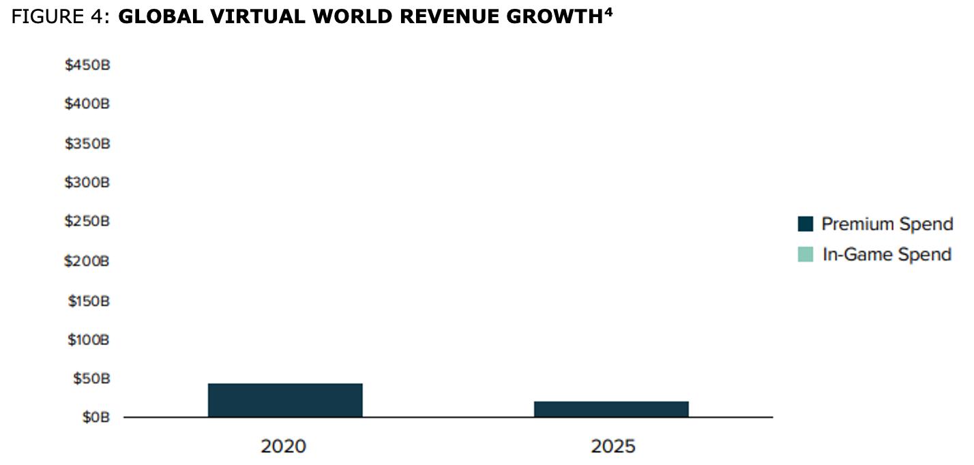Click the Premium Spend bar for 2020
point(285,400)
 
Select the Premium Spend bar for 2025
point(611,409)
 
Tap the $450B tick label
point(87,65)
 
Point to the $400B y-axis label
point(87,104)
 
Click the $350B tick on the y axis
point(87,143)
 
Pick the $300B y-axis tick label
point(87,182)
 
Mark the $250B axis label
point(87,222)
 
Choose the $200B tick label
point(87,260)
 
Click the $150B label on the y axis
point(88,300)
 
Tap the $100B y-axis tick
point(88,339)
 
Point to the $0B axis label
point(95,417)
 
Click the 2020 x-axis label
point(283,447)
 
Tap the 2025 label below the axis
point(613,447)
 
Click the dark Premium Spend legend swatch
point(806,224)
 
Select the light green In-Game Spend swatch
point(806,254)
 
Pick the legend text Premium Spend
point(887,224)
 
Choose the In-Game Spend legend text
point(886,254)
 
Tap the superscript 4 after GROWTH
point(608,12)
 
